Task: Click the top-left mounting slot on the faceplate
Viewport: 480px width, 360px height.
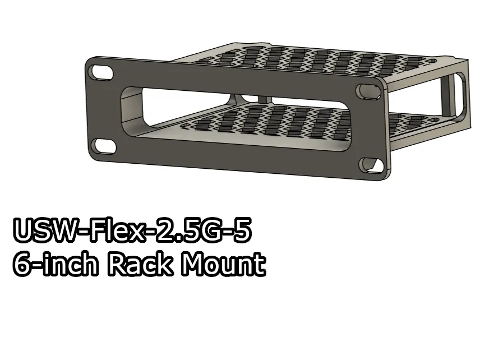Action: click(x=101, y=72)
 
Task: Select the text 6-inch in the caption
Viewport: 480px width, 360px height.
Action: click(x=55, y=264)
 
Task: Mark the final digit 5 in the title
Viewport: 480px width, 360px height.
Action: click(x=239, y=232)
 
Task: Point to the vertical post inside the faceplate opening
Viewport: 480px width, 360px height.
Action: click(x=261, y=98)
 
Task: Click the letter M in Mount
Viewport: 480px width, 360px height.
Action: click(x=192, y=264)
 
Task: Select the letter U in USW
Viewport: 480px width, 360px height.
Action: click(x=23, y=232)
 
